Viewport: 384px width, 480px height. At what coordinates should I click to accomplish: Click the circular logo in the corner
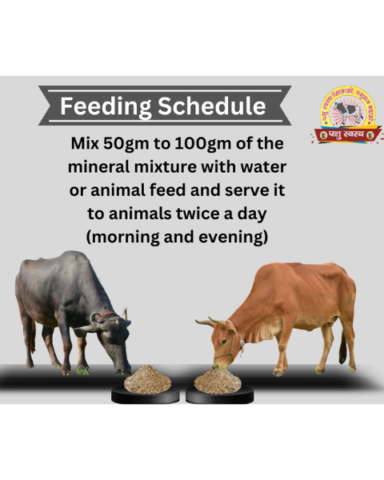click(x=347, y=117)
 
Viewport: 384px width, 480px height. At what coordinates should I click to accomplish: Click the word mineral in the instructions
click(x=102, y=169)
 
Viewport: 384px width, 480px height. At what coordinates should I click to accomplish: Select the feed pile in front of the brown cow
click(x=218, y=381)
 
